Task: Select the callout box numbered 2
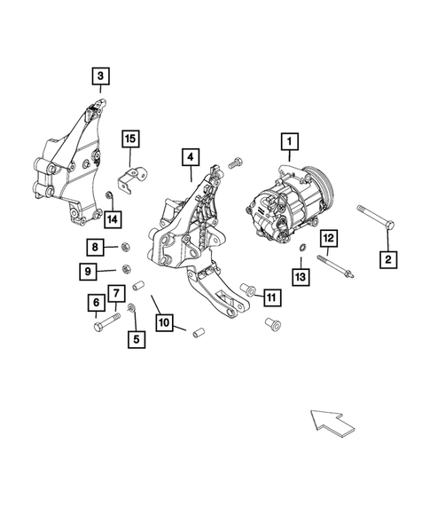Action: pos(387,259)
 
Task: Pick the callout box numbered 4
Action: pos(189,157)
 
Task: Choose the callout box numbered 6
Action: pos(94,304)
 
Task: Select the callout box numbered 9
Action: pos(94,270)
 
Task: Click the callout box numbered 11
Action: pos(271,297)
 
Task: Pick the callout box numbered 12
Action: pos(327,237)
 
